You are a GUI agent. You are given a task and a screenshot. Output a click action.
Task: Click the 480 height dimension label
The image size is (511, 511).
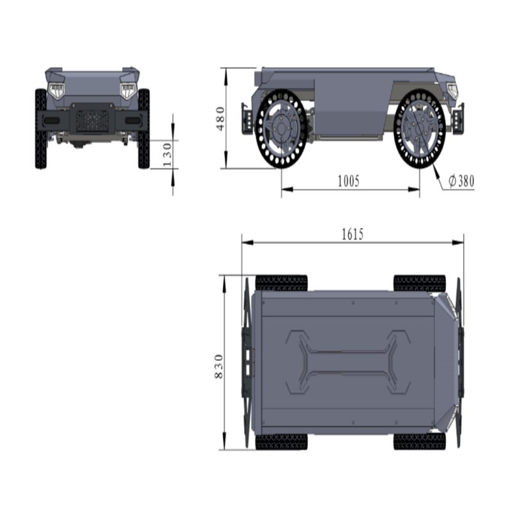220,119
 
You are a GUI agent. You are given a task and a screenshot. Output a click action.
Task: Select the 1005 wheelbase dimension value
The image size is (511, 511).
348,181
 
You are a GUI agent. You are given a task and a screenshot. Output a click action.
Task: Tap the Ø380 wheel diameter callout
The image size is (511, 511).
461,181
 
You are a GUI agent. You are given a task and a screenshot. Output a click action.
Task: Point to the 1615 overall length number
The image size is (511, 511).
353,234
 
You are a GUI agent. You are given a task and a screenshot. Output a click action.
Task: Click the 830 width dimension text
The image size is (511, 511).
218,366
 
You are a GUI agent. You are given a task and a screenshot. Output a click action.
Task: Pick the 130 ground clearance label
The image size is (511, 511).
167,155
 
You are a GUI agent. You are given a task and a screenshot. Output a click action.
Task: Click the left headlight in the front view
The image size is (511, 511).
57,91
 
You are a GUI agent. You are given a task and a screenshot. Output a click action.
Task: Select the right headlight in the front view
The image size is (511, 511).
128,91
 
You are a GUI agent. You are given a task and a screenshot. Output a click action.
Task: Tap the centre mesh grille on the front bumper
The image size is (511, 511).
93,121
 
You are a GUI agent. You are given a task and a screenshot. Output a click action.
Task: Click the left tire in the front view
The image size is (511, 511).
41,129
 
